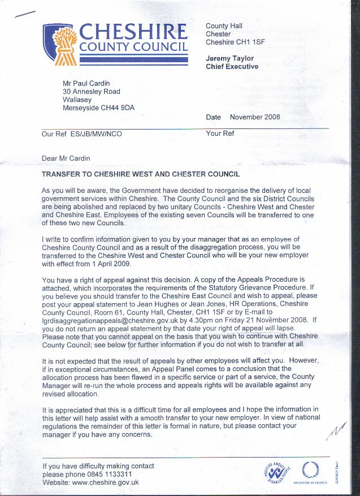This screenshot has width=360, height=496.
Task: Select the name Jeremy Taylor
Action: click(230, 58)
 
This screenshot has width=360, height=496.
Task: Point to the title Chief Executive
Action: click(232, 67)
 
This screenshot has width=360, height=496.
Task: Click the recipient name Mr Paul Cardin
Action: click(86, 83)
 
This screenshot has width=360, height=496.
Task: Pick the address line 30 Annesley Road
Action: click(92, 92)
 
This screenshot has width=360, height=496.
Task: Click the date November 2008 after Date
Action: click(255, 117)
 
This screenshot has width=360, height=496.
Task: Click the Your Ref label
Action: click(220, 134)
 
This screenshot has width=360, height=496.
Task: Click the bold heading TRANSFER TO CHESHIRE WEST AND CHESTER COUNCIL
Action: click(141, 174)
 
